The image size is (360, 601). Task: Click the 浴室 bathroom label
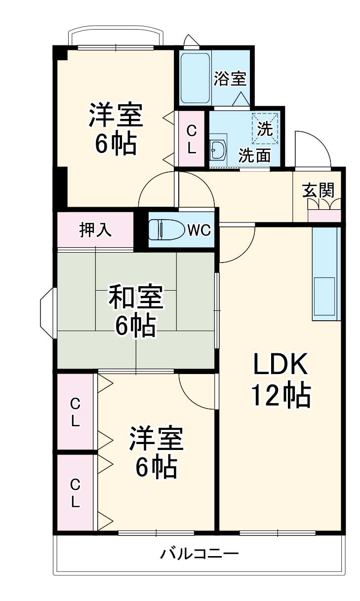(230, 78)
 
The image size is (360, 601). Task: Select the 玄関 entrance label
(319, 189)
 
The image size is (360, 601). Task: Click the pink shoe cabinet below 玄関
(324, 216)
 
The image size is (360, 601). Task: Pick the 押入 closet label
(95, 230)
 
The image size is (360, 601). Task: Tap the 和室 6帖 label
(135, 311)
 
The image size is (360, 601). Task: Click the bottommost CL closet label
(75, 493)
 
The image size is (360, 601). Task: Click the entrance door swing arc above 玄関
(311, 148)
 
